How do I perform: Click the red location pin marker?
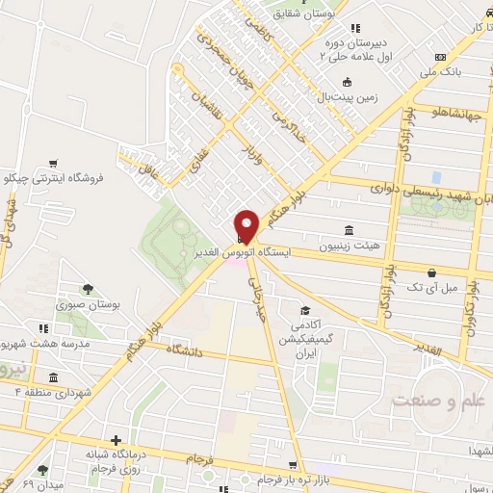click(x=246, y=224)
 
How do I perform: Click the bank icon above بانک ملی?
click(x=441, y=56)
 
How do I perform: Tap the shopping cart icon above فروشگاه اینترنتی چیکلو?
click(x=55, y=163)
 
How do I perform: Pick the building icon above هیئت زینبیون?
click(x=349, y=230)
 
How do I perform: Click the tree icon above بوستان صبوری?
click(x=87, y=288)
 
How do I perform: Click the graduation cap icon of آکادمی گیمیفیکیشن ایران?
click(x=304, y=311)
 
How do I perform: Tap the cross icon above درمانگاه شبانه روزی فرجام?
click(x=117, y=439)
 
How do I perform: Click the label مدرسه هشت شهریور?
click(x=43, y=344)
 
